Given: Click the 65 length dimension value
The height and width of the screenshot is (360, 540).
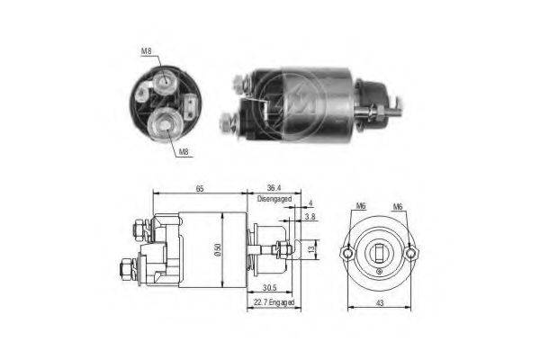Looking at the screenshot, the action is pos(200,188).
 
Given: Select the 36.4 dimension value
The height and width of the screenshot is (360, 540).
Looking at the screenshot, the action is pos(274,188).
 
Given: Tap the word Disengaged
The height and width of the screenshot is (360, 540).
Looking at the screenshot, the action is pos(274,199).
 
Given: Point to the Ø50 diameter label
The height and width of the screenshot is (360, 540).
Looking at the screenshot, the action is pos(217,250).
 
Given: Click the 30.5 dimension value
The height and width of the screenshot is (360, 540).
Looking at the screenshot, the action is pos(270,288).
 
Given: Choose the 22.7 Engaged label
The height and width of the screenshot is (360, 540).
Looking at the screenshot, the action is pos(274,302).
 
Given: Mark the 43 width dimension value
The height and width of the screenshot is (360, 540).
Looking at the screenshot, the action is pos(380,303).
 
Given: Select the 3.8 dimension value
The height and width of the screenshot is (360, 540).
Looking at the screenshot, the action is pos(310,218).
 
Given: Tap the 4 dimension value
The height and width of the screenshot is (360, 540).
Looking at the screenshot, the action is pos(310,203).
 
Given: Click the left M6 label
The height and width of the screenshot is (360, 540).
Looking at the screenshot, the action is pos(361,206).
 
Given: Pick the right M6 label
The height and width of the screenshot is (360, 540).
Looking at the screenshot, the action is pos(398,207).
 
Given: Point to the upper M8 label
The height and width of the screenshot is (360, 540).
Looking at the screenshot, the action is pos(147,51).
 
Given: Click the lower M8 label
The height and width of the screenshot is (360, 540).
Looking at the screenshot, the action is pos(184,151).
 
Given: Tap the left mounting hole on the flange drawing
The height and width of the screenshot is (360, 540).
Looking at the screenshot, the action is pos(347,254).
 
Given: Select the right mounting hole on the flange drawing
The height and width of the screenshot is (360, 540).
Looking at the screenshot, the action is pos(411,254).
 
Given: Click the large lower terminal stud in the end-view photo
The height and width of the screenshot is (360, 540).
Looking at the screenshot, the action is pos(166,125).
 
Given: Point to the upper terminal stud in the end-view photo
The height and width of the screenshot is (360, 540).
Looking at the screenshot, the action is pos(166,82).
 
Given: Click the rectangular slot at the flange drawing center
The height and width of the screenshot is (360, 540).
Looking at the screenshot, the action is pos(379,253).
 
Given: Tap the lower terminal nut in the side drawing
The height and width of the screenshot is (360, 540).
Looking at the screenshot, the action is pos(126,268).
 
